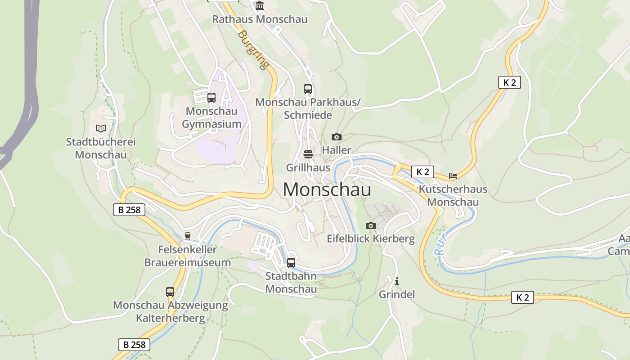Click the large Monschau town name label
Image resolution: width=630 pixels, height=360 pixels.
tap(327, 189)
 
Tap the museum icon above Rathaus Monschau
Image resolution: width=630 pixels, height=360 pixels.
tap(260, 6)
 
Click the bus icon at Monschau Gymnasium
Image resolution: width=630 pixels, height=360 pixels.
tap(211, 97)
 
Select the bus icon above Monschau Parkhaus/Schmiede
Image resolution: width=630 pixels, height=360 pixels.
tap(308, 89)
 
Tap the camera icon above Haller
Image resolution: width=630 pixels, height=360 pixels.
tap(337, 137)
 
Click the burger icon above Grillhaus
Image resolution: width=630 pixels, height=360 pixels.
tap(308, 154)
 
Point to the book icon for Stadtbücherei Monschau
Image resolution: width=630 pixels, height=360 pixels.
tap(101, 129)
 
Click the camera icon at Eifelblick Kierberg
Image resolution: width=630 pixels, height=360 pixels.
tap(371, 225)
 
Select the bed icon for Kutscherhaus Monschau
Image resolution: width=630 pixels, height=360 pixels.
tap(453, 176)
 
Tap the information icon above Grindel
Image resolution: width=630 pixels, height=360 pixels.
tap(397, 282)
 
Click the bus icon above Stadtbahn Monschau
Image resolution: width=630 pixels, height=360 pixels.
tap(291, 263)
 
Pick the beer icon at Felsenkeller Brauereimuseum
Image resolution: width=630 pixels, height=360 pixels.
tap(188, 236)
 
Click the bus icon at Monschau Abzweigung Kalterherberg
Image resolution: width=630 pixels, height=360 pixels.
tap(170, 292)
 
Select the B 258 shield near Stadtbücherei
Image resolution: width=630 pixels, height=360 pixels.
tap(129, 210)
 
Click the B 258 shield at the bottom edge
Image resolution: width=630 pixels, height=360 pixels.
tap(134, 345)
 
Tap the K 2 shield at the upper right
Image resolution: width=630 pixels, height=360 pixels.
tap(509, 82)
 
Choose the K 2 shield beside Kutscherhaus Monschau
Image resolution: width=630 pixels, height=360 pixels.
tap(423, 172)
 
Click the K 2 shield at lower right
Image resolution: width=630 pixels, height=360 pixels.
tap(522, 297)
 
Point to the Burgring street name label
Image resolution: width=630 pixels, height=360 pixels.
tap(253, 49)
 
